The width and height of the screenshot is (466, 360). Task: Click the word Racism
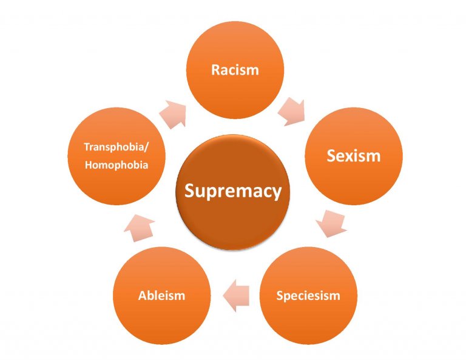235,70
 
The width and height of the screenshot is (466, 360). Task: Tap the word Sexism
353,156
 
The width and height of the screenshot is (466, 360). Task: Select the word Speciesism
308,296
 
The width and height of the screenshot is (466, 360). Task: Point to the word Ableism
161,296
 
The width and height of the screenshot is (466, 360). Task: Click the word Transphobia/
116,147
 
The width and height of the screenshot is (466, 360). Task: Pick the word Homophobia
116,165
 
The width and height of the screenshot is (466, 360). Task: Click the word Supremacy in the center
233,191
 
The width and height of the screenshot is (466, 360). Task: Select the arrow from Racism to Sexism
291,112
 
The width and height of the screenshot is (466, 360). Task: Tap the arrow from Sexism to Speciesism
331,223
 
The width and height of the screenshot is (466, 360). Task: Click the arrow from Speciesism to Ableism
236,296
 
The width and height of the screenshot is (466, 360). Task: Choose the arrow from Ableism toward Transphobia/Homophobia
139,228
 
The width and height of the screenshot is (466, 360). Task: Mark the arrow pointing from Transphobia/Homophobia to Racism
173,115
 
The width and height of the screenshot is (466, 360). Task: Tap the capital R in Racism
215,70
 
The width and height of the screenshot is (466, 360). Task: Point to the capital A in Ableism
143,296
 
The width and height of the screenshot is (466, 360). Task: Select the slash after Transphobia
146,148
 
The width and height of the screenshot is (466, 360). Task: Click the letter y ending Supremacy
277,194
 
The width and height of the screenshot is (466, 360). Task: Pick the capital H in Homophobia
89,165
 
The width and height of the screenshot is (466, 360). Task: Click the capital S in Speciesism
280,296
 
